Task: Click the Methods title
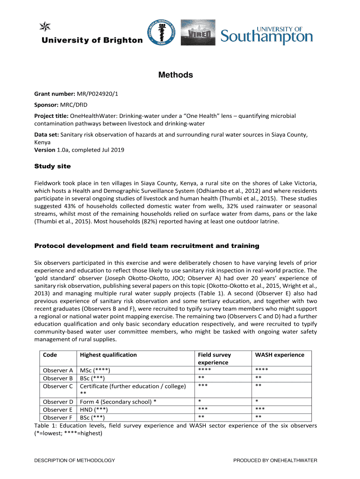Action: click(175, 75)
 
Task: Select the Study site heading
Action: click(53, 166)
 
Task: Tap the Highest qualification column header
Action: click(108, 355)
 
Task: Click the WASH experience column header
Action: click(279, 355)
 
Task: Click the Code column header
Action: click(50, 355)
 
